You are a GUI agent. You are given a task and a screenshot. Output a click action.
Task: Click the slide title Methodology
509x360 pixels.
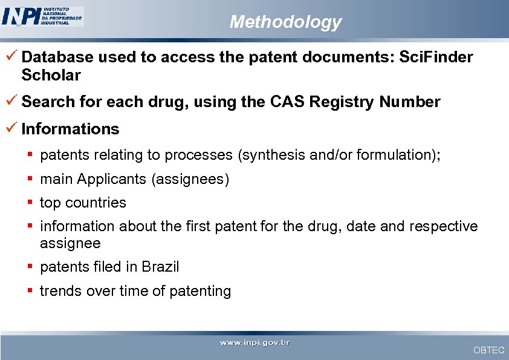285,22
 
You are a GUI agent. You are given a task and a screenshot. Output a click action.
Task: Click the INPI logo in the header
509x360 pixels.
42,16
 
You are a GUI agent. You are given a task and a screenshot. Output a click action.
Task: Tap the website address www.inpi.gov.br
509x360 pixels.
254,343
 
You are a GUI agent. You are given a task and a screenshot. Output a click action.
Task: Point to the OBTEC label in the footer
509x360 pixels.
488,350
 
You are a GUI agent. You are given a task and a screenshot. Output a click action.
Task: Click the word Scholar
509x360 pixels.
51,75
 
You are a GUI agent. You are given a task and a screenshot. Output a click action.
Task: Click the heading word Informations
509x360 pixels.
70,129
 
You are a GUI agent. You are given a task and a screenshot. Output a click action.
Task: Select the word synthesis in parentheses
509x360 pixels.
275,155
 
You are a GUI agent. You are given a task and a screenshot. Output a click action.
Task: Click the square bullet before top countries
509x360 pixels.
30,203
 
